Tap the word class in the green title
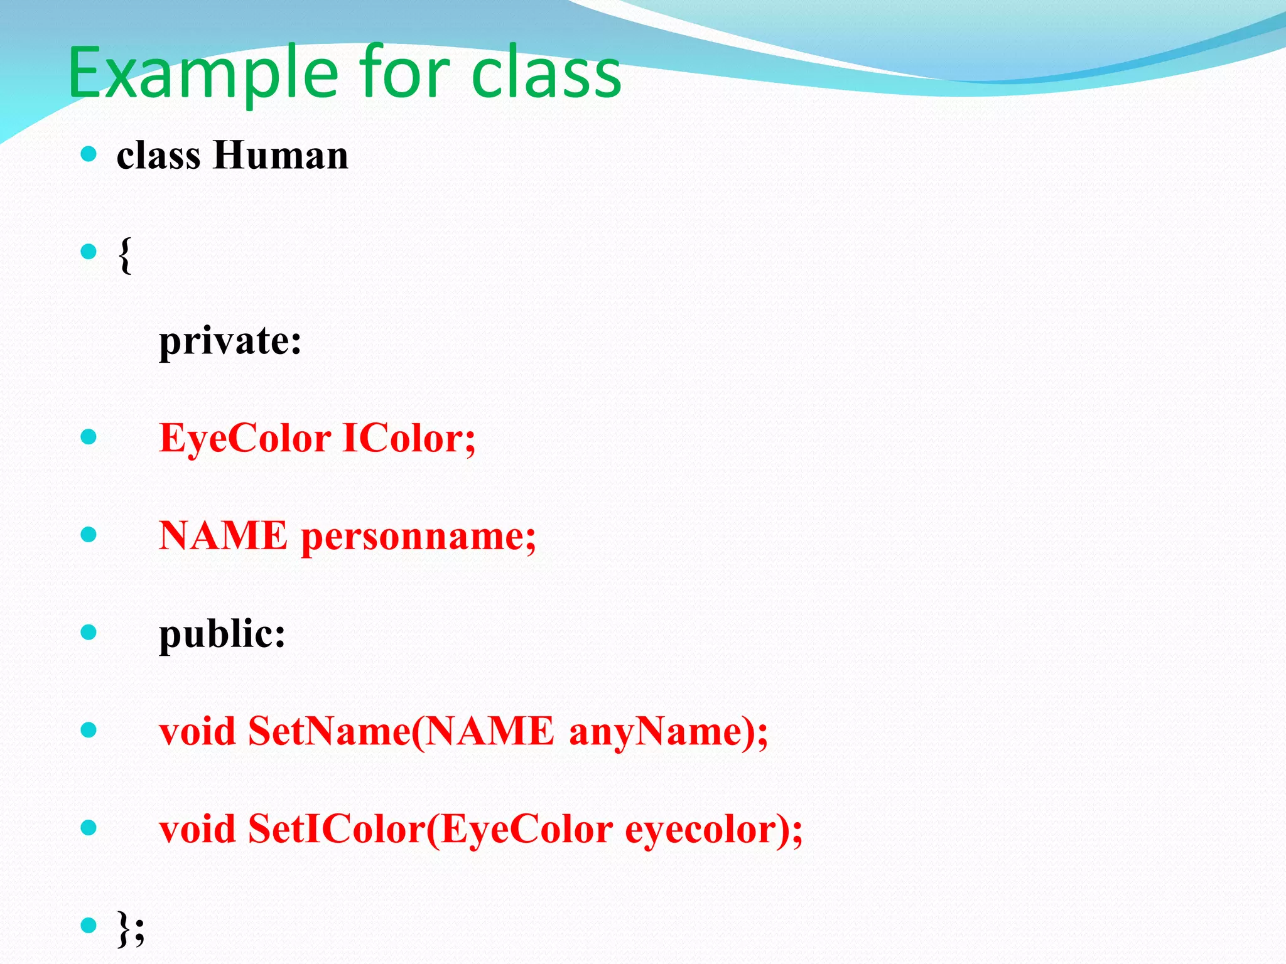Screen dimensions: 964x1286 point(546,74)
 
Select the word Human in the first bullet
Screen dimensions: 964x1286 point(280,155)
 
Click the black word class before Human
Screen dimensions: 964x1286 point(158,155)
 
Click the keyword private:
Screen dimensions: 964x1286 point(230,342)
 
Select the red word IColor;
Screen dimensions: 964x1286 point(409,438)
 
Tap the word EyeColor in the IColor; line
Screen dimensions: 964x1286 point(245,439)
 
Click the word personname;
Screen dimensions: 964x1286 point(418,537)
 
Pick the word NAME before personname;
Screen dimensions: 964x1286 point(223,536)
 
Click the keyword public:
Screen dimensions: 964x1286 point(222,634)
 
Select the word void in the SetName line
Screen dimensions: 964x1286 point(197,732)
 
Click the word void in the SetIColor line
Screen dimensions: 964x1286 point(197,830)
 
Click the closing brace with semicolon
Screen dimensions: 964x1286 point(131,928)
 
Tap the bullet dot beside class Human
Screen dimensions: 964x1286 point(89,154)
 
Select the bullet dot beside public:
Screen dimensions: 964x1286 point(89,632)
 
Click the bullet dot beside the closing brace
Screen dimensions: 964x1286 point(89,925)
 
